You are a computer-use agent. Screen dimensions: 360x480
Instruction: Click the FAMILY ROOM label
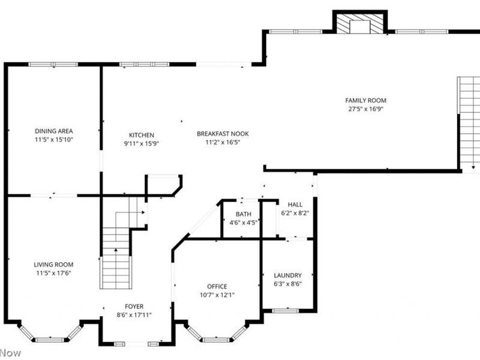(x=365, y=100)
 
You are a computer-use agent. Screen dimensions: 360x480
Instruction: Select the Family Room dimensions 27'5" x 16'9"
(x=365, y=109)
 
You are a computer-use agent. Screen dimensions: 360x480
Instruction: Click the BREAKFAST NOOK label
(x=223, y=134)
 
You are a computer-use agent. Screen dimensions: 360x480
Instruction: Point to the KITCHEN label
(x=142, y=135)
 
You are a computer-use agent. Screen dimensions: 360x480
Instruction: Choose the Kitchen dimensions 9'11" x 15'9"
(x=142, y=143)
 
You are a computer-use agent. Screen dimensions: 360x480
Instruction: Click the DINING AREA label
(x=53, y=131)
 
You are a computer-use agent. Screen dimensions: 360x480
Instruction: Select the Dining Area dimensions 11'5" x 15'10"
(x=53, y=139)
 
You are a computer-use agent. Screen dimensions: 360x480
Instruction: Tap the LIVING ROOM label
(x=53, y=265)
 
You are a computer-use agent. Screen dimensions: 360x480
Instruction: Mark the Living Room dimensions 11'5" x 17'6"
(x=53, y=273)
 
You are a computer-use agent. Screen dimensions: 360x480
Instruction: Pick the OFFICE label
(x=217, y=286)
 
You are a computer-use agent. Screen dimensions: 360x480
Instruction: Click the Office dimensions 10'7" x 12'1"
(x=217, y=295)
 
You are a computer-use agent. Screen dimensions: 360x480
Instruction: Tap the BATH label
(x=243, y=214)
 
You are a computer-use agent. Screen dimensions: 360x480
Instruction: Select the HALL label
(x=295, y=204)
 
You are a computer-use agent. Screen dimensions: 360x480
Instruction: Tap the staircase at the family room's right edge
(x=469, y=123)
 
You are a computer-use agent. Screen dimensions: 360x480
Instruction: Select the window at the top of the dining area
(x=53, y=64)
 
